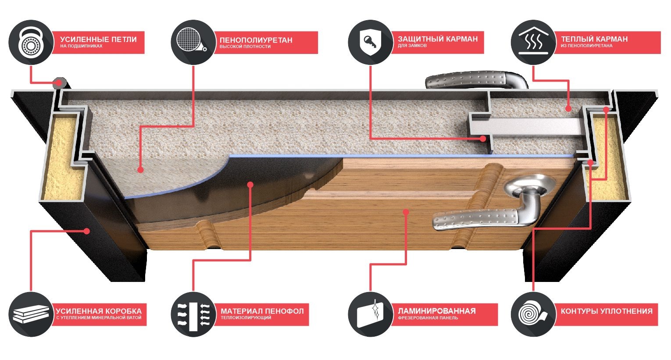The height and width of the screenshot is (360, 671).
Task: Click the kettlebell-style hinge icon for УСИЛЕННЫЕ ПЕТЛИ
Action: coord(31,42)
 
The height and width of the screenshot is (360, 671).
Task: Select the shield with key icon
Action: coord(371,42)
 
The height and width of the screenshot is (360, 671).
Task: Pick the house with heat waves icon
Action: coord(533,42)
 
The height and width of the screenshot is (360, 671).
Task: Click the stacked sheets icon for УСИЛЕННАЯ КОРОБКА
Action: coord(31,314)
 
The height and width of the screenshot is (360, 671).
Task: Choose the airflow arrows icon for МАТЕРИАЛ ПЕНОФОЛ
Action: coord(193,314)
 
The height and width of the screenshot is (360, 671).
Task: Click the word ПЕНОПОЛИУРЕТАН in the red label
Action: coord(256,40)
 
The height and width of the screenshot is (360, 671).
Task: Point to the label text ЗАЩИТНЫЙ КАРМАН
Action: coord(438,39)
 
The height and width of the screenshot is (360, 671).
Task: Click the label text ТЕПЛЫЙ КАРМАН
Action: coord(594,39)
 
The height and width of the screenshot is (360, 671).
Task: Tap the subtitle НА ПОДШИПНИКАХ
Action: coord(81,46)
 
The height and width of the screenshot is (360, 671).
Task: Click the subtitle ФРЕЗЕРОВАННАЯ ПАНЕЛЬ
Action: coord(428,318)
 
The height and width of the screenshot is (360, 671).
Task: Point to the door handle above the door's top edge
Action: coord(476,80)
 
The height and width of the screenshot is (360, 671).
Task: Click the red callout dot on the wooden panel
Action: coord(406,212)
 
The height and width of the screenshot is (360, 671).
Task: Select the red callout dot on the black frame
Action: coord(87,231)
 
